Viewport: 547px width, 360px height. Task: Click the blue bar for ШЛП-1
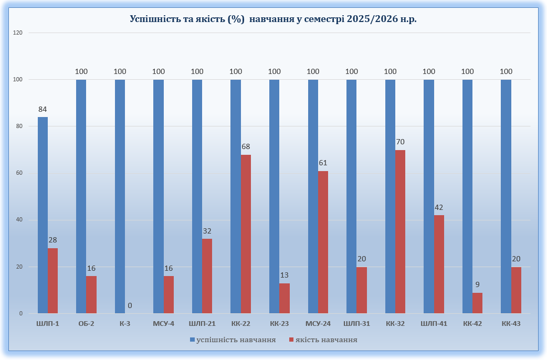pyautogui.click(x=43, y=215)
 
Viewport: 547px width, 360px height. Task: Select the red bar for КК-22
pyautogui.click(x=246, y=234)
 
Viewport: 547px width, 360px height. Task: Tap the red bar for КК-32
pyautogui.click(x=401, y=231)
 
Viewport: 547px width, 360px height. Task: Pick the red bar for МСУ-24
pyautogui.click(x=323, y=242)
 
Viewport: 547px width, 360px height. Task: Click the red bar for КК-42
pyautogui.click(x=478, y=303)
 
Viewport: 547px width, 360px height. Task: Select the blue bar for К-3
pyautogui.click(x=120, y=196)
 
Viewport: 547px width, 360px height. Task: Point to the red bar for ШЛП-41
pyautogui.click(x=439, y=264)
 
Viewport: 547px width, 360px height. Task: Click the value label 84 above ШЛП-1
pyautogui.click(x=43, y=110)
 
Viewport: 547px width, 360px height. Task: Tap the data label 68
pyautogui.click(x=246, y=146)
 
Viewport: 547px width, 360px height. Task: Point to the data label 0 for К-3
pyautogui.click(x=130, y=305)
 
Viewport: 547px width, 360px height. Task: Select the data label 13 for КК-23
pyautogui.click(x=285, y=275)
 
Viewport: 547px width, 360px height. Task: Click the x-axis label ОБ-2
pyautogui.click(x=86, y=324)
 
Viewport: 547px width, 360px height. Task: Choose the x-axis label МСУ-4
pyautogui.click(x=163, y=324)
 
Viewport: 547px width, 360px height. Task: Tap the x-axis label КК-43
pyautogui.click(x=511, y=324)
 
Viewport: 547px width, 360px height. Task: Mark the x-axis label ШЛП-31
pyautogui.click(x=356, y=324)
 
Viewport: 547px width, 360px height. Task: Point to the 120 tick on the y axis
pyautogui.click(x=18, y=33)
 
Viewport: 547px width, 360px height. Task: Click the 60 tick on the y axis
pyautogui.click(x=19, y=173)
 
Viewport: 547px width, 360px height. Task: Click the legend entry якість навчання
pyautogui.click(x=326, y=340)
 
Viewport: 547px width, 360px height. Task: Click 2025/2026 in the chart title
pyautogui.click(x=369, y=19)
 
